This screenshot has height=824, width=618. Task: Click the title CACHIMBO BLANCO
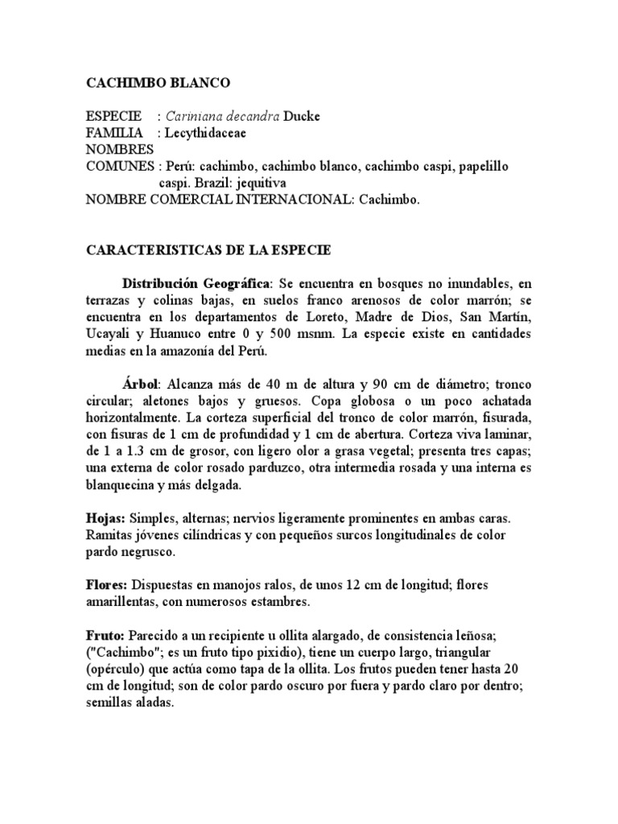coord(158,83)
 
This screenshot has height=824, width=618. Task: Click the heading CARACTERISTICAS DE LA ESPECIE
coord(208,250)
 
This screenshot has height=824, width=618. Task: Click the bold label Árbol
coord(141,385)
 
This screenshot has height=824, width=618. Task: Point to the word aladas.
coord(155,702)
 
